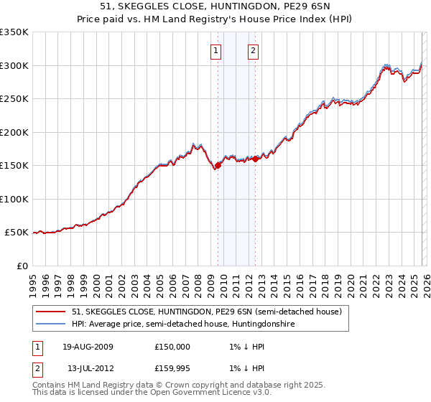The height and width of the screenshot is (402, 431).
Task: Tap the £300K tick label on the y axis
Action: (14, 65)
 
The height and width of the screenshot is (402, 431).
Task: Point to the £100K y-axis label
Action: (14, 199)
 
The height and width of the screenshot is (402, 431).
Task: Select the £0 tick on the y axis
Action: (22, 266)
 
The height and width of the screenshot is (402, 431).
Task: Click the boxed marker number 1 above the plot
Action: (216, 50)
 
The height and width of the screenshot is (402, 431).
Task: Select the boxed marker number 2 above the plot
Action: (254, 50)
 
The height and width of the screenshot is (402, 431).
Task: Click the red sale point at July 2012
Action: (255, 159)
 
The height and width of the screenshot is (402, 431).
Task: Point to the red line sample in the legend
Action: (50, 312)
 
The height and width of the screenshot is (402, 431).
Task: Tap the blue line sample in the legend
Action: (50, 324)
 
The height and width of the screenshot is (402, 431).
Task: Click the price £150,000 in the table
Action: (172, 347)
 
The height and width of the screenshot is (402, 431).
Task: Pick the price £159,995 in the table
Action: (172, 368)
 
